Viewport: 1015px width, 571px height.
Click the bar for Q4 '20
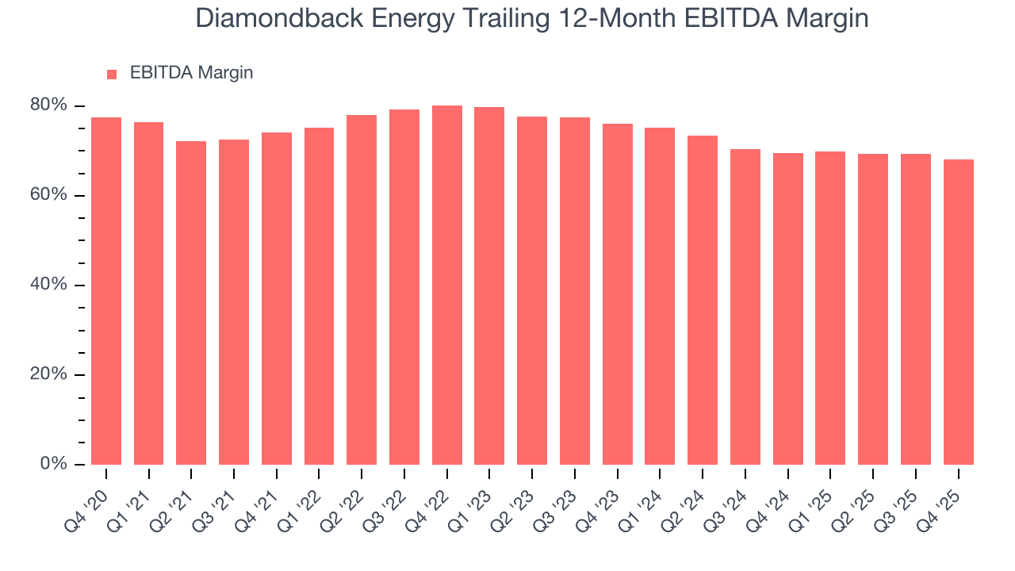[x=106, y=291]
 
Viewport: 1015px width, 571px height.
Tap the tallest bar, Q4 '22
[x=447, y=285]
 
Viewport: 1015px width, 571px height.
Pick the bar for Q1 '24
[x=660, y=296]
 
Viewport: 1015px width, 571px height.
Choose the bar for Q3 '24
[x=745, y=307]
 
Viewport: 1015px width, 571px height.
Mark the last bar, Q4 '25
[x=959, y=312]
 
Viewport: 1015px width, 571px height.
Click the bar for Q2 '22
[x=362, y=289]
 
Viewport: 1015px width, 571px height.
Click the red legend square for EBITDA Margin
[x=112, y=74]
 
